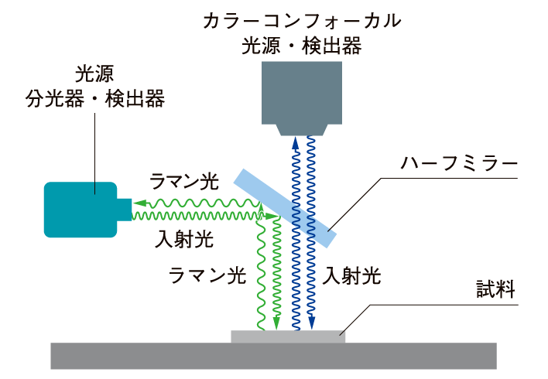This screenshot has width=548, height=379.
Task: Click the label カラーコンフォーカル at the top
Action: click(x=301, y=21)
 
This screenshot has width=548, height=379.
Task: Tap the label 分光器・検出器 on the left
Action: click(x=94, y=100)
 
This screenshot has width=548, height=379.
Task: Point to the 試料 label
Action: click(x=494, y=292)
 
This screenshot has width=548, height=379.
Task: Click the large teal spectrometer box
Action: click(x=80, y=209)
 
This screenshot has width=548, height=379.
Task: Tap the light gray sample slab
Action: click(x=288, y=336)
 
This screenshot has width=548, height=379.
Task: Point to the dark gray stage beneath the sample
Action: click(x=273, y=356)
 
